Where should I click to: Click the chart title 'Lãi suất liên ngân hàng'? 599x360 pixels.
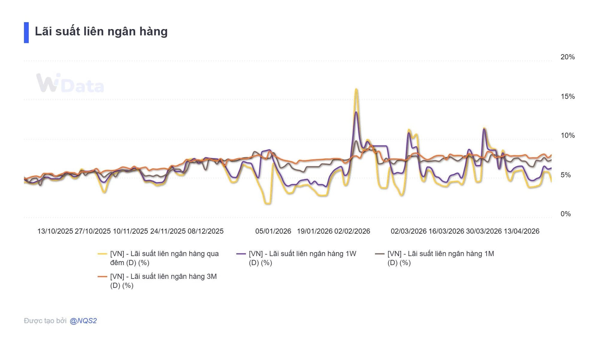click(x=101, y=32)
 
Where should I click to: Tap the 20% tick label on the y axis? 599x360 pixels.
click(x=567, y=57)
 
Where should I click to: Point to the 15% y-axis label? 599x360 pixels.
click(x=567, y=96)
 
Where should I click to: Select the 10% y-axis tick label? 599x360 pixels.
click(x=567, y=135)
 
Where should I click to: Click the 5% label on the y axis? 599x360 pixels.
click(x=565, y=175)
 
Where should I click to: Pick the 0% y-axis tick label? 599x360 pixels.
click(x=565, y=214)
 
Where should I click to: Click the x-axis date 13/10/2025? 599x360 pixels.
click(x=55, y=231)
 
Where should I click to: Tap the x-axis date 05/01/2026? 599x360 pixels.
click(x=273, y=231)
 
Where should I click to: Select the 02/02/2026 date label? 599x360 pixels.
click(x=352, y=231)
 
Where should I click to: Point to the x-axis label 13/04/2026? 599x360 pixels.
click(x=521, y=231)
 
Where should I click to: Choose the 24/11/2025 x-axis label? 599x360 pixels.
click(x=168, y=231)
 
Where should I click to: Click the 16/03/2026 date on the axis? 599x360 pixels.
click(x=446, y=231)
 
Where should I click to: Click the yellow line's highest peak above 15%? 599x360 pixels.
click(x=356, y=90)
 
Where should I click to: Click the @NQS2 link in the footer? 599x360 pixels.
click(x=83, y=321)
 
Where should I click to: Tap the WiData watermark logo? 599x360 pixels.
click(x=70, y=83)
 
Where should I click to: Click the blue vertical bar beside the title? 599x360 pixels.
click(x=26, y=32)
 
